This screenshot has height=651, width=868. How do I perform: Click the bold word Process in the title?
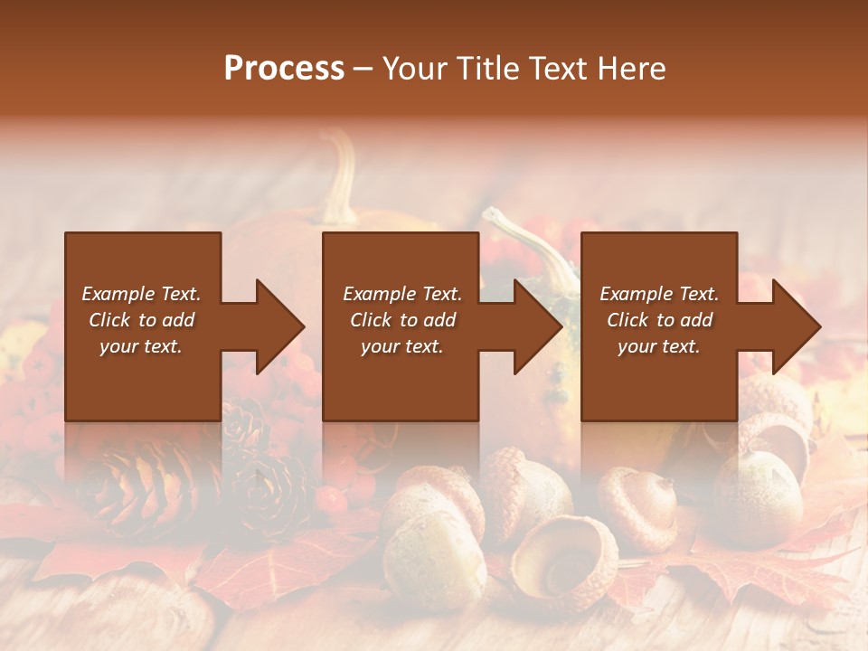[x=284, y=68]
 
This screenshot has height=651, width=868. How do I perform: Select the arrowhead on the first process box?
[x=276, y=327]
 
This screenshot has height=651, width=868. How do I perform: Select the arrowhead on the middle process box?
[x=534, y=327]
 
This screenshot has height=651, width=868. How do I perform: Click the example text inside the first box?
[x=141, y=320]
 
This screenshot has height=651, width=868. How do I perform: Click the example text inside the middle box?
[x=401, y=320]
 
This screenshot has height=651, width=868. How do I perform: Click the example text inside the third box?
[x=658, y=320]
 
